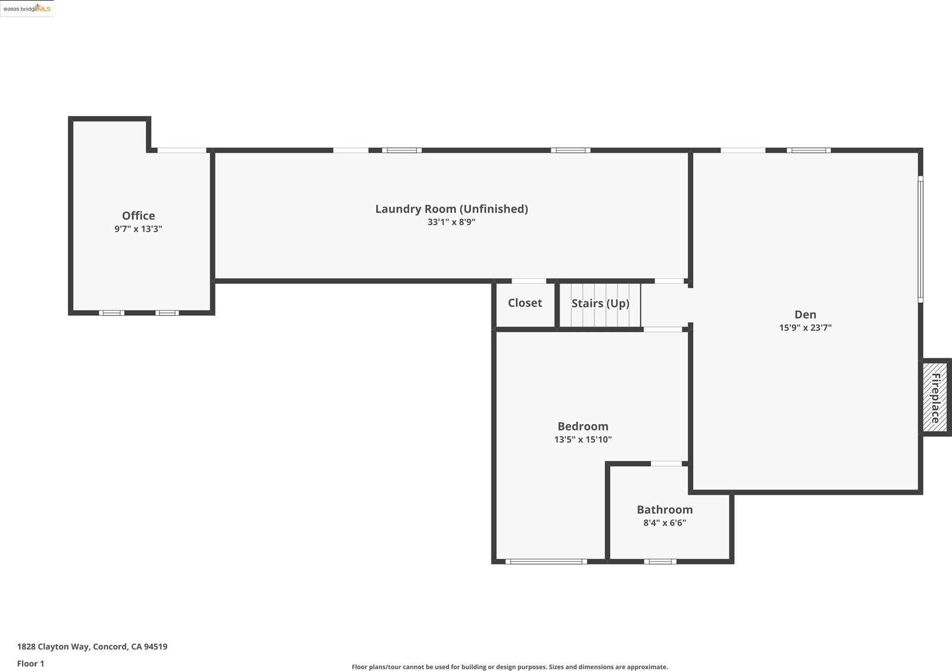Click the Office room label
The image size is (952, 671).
138,216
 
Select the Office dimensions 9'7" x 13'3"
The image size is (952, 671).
138,229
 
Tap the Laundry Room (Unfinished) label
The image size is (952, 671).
451,209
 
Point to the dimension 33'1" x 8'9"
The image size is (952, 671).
451,222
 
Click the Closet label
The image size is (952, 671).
525,303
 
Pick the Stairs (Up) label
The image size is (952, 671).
600,304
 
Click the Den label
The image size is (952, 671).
805,314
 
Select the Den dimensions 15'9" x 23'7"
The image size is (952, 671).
805,327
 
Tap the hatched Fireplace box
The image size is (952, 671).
935,397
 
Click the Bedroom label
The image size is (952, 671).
583,426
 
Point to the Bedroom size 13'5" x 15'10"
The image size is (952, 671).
583,439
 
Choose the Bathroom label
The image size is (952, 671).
665,510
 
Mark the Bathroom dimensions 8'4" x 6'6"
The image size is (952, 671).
665,523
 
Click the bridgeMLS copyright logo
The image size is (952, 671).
27,8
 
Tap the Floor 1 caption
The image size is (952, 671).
30,663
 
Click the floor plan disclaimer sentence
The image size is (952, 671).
509,667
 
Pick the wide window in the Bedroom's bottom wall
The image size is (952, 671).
546,561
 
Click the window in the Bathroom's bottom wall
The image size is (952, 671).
660,561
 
